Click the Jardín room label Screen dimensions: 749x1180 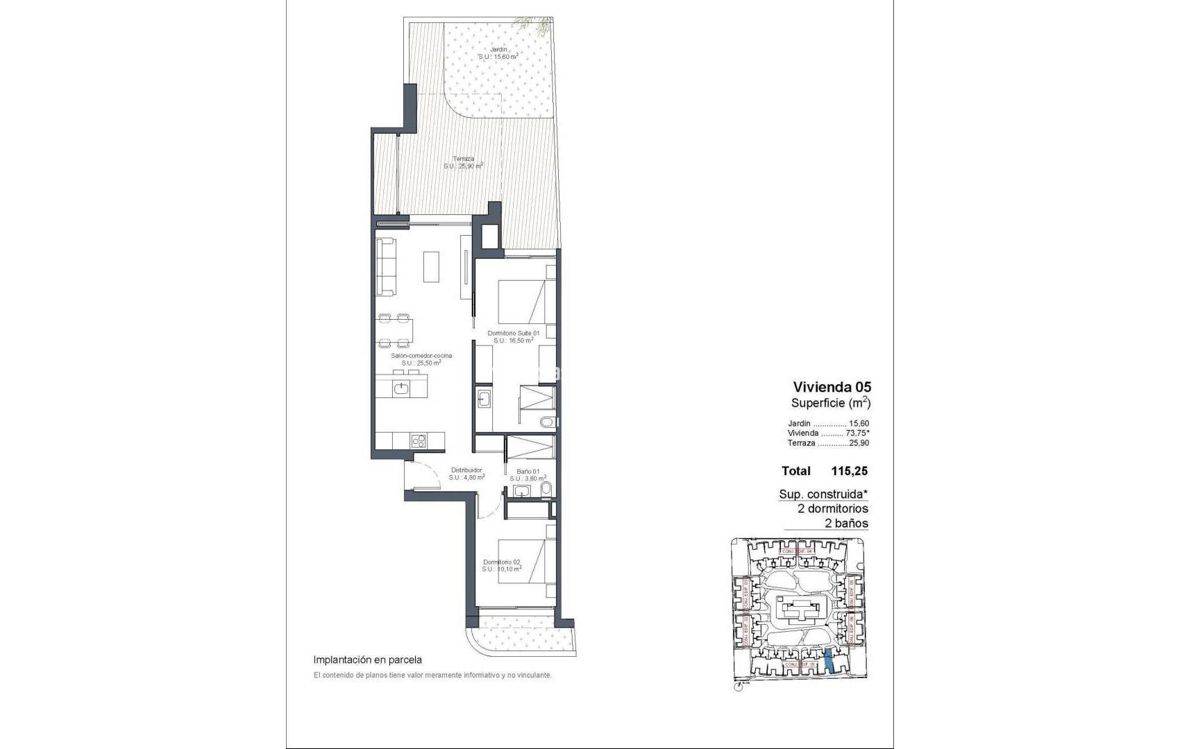click(498, 50)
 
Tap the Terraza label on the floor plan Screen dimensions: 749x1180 click(463, 158)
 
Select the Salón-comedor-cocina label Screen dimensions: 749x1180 click(421, 356)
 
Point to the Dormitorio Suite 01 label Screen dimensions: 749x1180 click(513, 334)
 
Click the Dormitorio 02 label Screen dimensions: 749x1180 click(501, 562)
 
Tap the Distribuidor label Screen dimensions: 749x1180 click(466, 470)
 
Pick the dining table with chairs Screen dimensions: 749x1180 click(394, 330)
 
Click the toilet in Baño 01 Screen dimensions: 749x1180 click(546, 491)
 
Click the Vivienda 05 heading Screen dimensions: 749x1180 click(832, 387)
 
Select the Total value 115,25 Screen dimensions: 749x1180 click(849, 471)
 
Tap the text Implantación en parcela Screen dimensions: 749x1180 click(367, 660)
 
